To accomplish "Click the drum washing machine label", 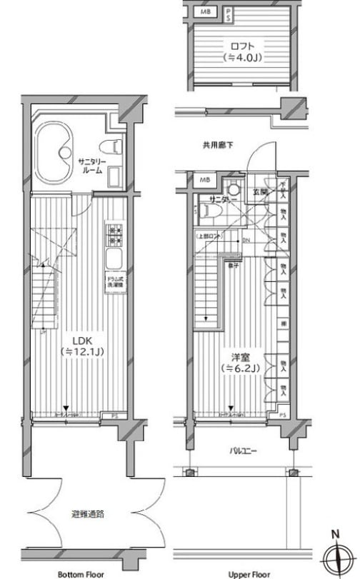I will pyautogui.click(x=114, y=281).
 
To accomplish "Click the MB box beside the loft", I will pyautogui.click(x=206, y=12).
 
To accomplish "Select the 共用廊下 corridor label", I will pyautogui.click(x=217, y=146).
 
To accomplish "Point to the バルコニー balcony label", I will pyautogui.click(x=244, y=450).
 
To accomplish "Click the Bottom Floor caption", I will pyautogui.click(x=80, y=573).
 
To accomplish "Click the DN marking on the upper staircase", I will pyautogui.click(x=246, y=240).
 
